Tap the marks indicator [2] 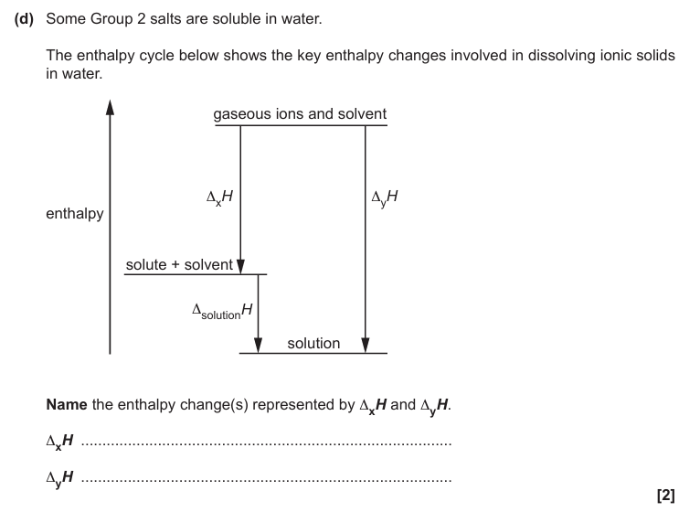point(665,495)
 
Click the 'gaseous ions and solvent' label point(300,114)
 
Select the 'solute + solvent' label point(179,265)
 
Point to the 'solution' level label point(313,344)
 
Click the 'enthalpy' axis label point(74,214)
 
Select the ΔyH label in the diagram point(385,197)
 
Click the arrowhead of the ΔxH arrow point(240,266)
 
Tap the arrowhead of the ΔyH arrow point(366,346)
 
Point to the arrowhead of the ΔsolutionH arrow point(258,346)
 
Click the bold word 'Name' point(66,404)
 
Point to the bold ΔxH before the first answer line point(60,442)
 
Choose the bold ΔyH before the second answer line point(60,477)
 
